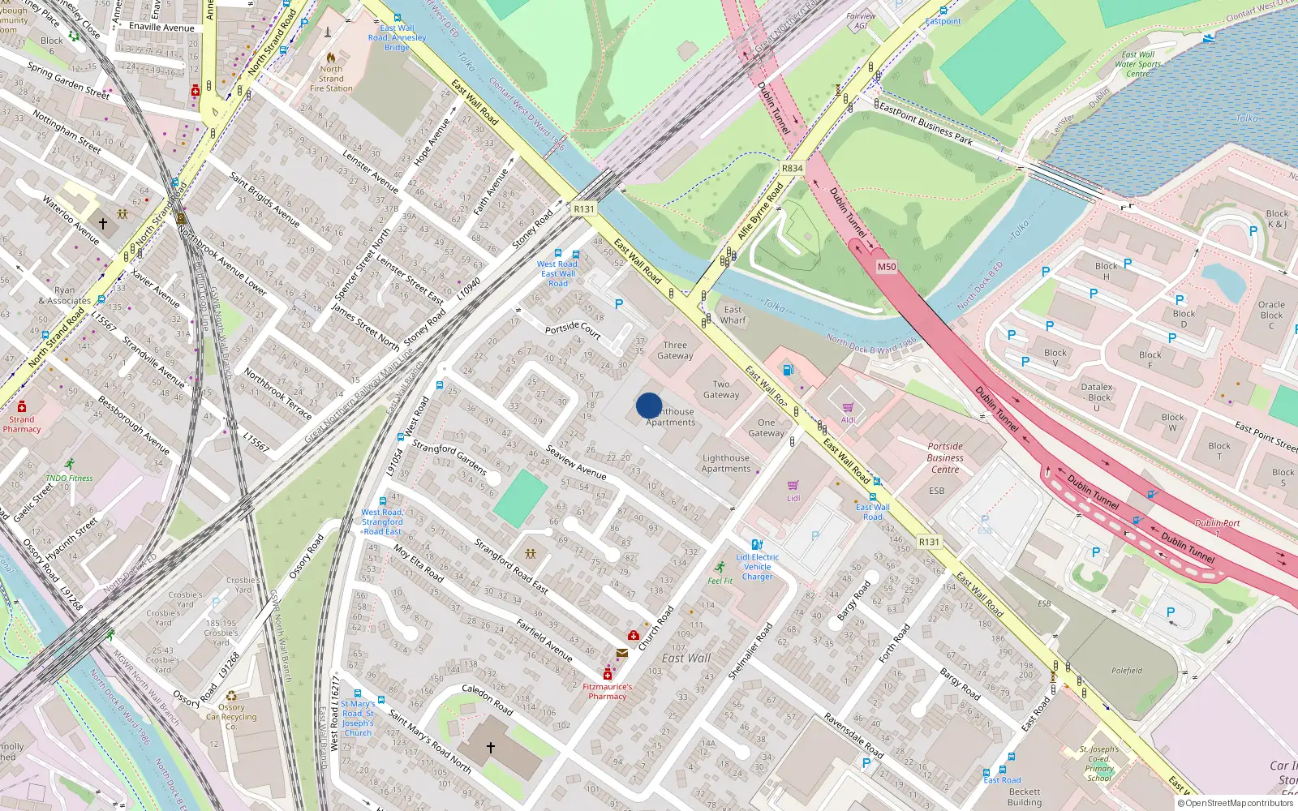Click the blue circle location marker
(649, 405)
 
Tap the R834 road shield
(792, 169)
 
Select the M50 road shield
(887, 267)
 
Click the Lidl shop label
(793, 498)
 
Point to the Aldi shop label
(848, 420)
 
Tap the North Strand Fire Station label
(331, 79)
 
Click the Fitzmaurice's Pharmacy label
(607, 691)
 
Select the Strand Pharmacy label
(22, 424)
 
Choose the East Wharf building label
(733, 315)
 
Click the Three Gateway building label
(675, 350)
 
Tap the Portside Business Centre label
(945, 457)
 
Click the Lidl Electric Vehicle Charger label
(758, 567)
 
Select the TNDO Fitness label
(69, 478)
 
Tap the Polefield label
(1127, 671)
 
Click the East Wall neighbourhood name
(686, 659)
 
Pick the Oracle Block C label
(1271, 315)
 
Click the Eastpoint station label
(943, 21)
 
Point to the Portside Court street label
(573, 329)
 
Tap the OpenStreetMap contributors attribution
(1236, 803)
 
